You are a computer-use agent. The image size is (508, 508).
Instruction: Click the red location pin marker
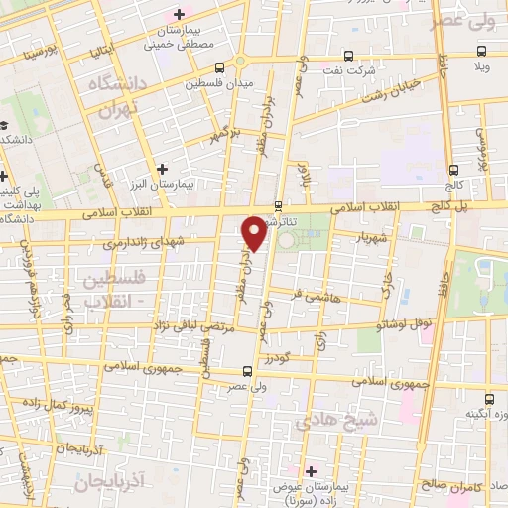(255, 231)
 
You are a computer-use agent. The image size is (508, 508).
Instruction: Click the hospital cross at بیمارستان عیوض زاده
(311, 470)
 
